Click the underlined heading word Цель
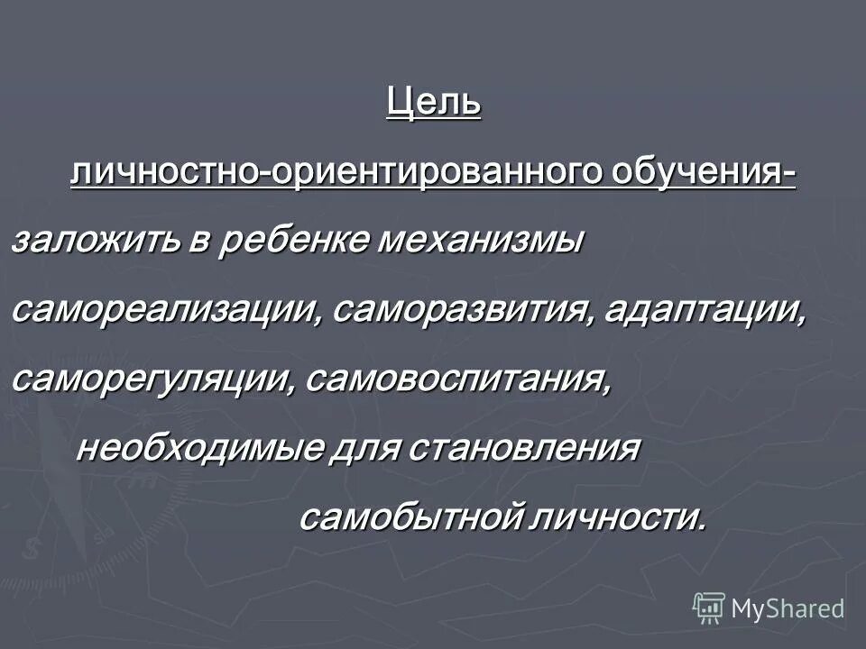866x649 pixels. tap(433, 102)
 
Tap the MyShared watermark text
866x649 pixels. tap(788, 608)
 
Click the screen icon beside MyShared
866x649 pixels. tap(709, 608)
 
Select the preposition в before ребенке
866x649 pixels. tap(199, 242)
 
